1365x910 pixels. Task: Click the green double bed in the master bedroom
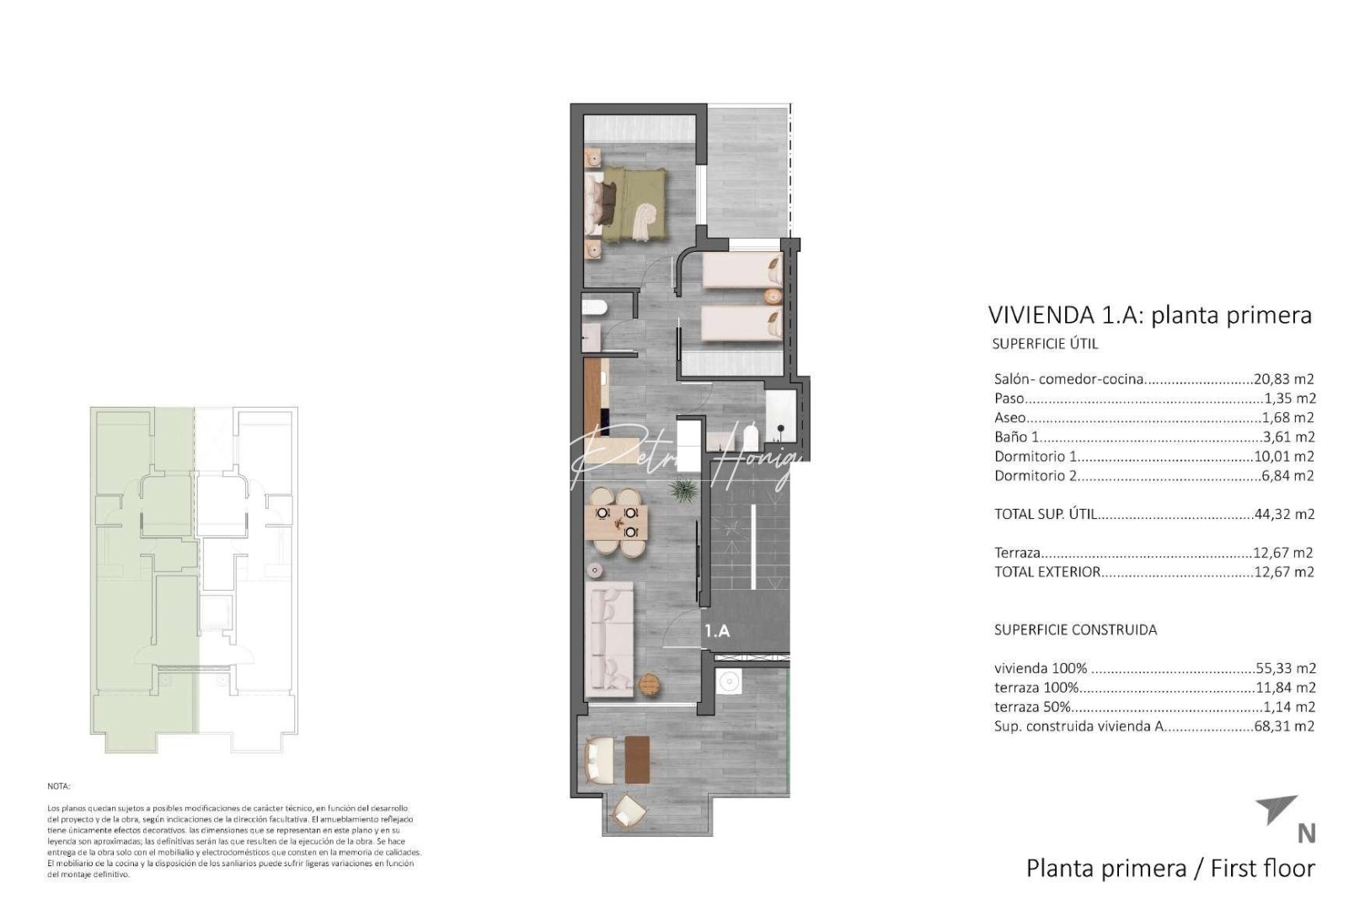click(632, 202)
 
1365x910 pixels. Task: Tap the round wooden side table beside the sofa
click(648, 685)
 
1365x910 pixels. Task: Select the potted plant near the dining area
click(682, 490)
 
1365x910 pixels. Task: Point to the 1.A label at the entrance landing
click(716, 630)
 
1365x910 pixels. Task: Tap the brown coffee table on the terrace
click(638, 758)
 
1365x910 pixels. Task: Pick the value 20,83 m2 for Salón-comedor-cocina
click(1284, 379)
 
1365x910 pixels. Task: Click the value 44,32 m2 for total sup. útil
click(1284, 514)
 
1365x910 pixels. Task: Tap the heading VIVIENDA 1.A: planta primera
click(1149, 315)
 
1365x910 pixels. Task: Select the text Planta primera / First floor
click(1170, 868)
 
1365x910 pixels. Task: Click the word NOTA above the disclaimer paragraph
click(58, 785)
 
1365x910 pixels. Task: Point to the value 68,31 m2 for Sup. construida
click(1284, 726)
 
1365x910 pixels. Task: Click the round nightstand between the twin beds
click(771, 297)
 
